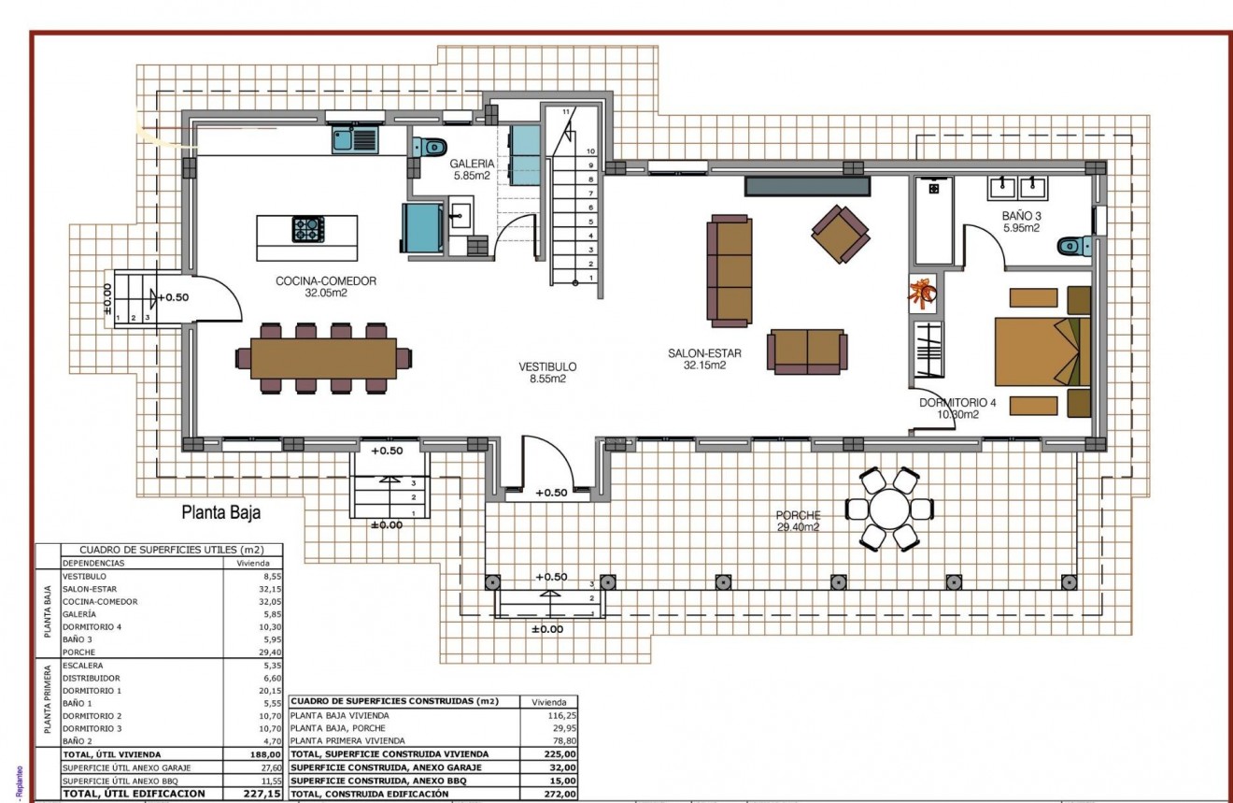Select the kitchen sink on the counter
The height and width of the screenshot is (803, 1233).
(x=353, y=141)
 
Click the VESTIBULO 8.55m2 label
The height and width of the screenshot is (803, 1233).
(x=548, y=372)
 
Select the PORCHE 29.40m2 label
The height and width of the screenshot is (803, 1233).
(x=798, y=521)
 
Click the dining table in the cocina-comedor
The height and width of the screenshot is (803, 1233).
(x=323, y=358)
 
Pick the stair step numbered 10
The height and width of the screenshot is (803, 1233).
(x=590, y=150)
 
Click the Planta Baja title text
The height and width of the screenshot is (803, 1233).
(x=220, y=512)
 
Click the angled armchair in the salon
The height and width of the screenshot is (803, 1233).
(x=839, y=234)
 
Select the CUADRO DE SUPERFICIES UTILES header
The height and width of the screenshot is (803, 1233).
(x=159, y=550)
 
